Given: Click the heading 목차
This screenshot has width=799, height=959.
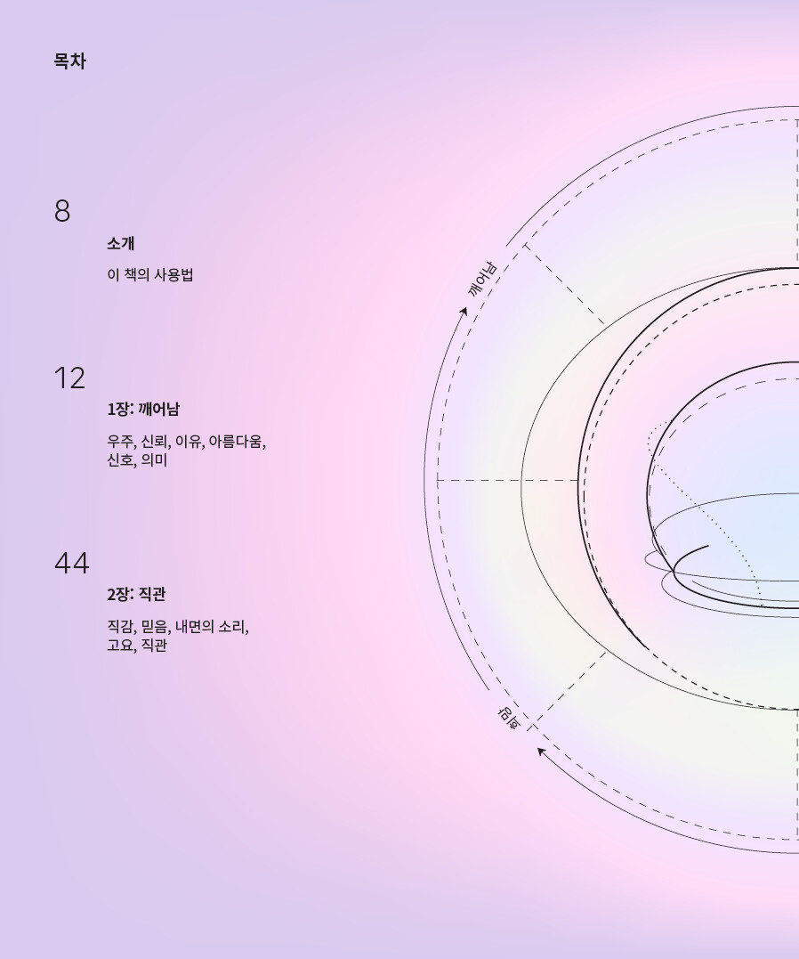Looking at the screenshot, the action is tap(69, 61).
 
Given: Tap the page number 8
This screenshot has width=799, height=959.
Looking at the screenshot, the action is tap(62, 211).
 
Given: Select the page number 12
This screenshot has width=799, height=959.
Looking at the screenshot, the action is tap(69, 378).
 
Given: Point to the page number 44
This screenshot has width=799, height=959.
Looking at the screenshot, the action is tap(72, 564).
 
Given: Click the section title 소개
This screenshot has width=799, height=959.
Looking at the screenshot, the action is tap(120, 243).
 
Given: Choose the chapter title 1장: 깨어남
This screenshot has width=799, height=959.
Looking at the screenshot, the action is tap(143, 410).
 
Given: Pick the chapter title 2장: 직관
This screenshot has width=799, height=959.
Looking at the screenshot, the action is tap(136, 595).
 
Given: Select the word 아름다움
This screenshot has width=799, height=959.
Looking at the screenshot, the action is tap(236, 441).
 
